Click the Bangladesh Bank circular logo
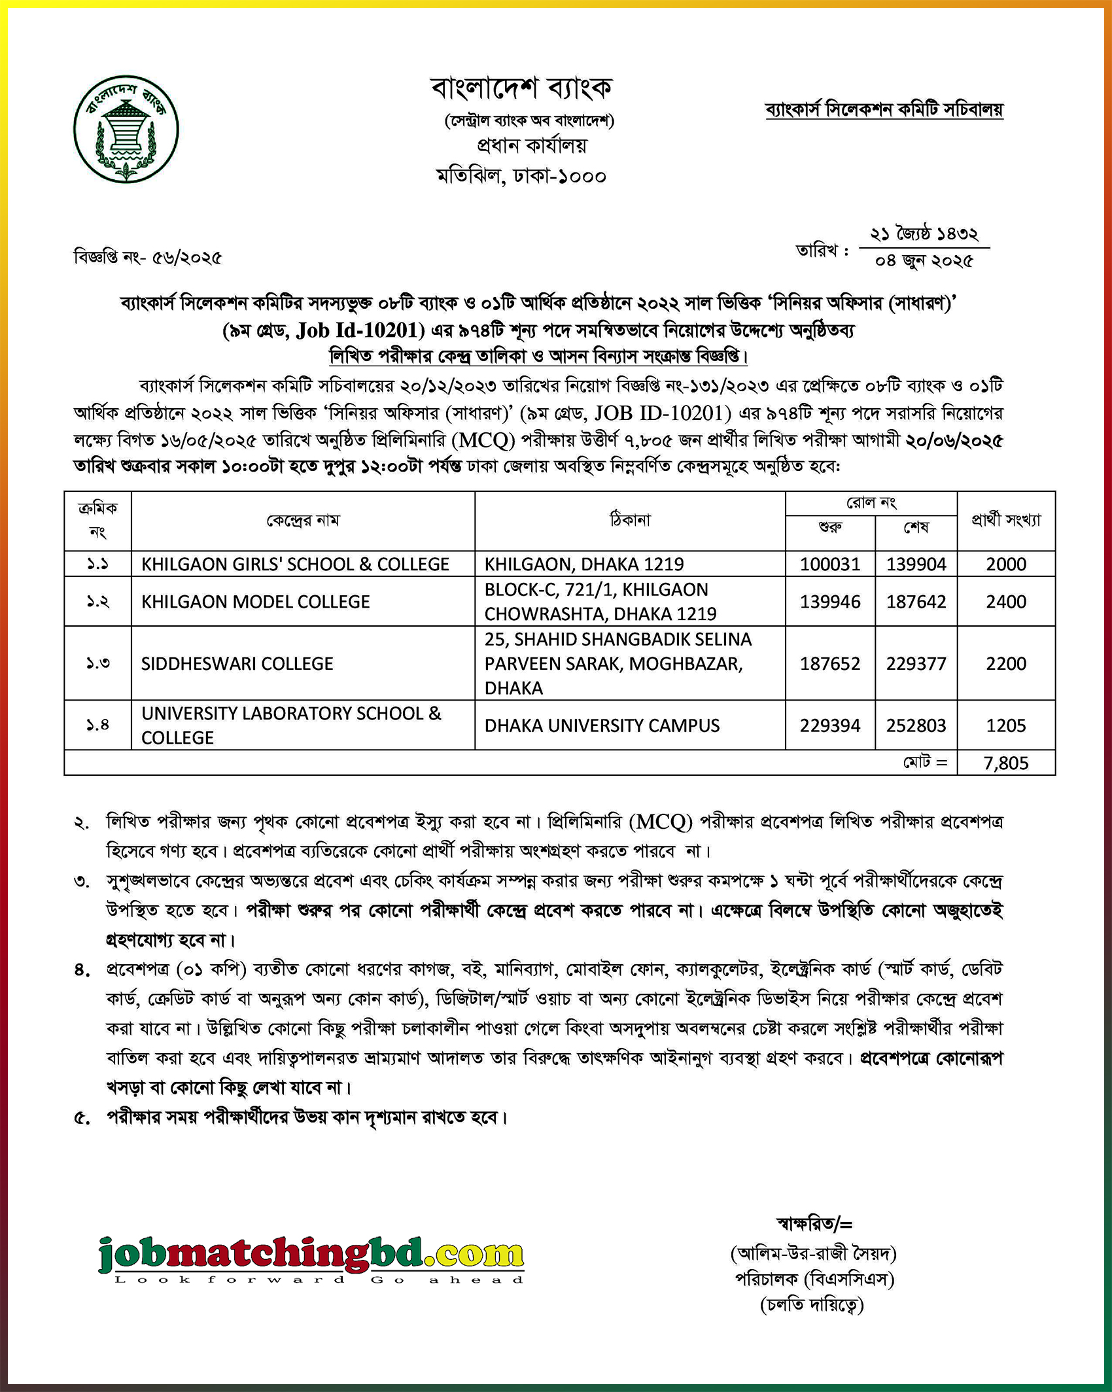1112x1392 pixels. [x=126, y=129]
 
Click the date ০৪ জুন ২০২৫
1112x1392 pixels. [x=924, y=261]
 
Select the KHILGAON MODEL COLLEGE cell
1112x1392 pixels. [x=256, y=602]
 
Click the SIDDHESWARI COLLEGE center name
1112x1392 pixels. [x=237, y=664]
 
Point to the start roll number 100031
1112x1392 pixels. [x=829, y=564]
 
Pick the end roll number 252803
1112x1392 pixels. [x=916, y=725]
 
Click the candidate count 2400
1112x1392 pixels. [x=1005, y=602]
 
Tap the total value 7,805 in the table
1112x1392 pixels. [x=1005, y=763]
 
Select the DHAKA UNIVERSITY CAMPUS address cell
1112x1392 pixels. [x=602, y=725]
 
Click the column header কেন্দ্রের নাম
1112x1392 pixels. [x=303, y=521]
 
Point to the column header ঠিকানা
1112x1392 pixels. [x=630, y=521]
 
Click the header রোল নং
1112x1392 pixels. [x=871, y=503]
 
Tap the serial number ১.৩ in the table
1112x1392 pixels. [x=97, y=664]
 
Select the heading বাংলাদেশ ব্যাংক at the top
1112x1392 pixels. [x=521, y=88]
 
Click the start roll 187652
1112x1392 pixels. [x=829, y=664]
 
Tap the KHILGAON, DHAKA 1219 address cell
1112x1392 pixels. [x=584, y=564]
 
